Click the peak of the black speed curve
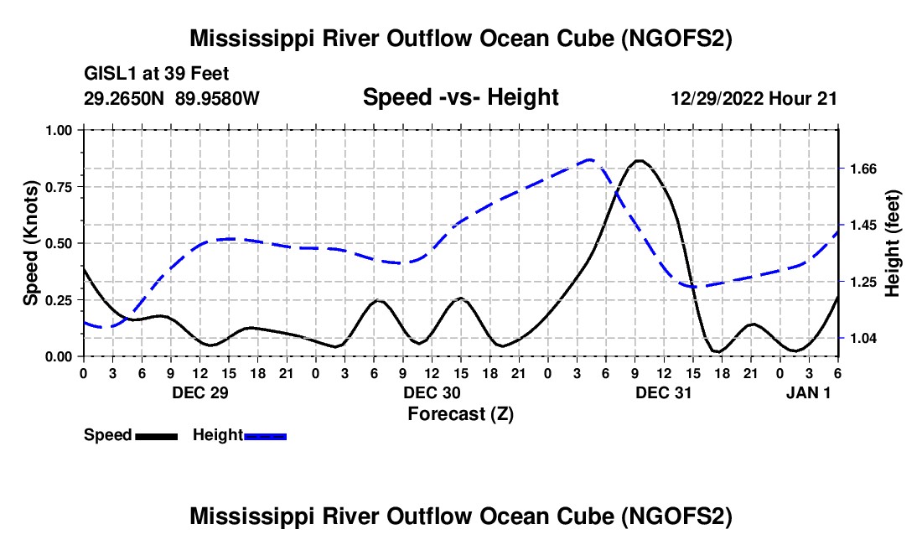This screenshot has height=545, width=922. [x=639, y=160]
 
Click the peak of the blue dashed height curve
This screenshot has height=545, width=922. [x=591, y=159]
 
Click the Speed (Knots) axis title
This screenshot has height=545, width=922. [x=31, y=243]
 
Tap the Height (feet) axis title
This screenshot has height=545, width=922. [x=892, y=243]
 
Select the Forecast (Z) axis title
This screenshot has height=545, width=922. [x=460, y=413]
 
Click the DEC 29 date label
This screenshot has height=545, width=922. [x=199, y=392]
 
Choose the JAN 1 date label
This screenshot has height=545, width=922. [x=809, y=392]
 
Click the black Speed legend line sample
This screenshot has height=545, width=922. [x=156, y=436]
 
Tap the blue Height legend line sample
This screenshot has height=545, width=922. [x=266, y=436]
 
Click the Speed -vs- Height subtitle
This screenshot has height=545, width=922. [x=460, y=97]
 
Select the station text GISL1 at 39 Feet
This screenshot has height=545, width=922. [x=157, y=74]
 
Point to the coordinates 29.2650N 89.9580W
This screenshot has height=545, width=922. [x=172, y=98]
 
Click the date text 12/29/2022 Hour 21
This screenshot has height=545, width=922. [x=754, y=98]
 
